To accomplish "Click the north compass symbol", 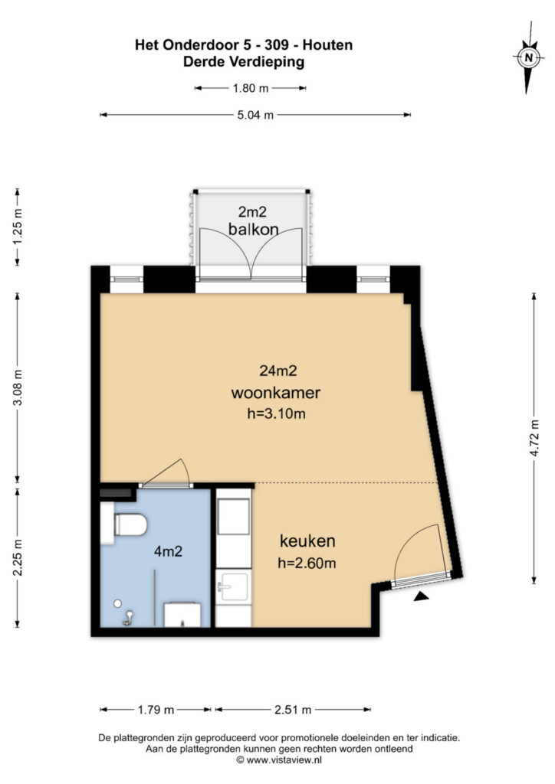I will click(x=528, y=57).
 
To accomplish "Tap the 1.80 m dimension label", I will click(x=251, y=88).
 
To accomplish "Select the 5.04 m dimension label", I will click(x=256, y=115).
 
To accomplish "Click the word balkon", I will click(x=253, y=229).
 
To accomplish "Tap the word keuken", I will click(x=307, y=541).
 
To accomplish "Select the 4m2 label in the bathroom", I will click(x=168, y=550).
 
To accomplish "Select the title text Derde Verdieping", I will click(x=244, y=64).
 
